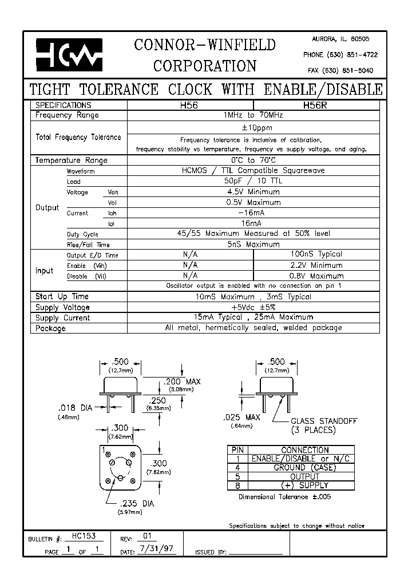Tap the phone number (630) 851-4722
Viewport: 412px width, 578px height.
click(340, 54)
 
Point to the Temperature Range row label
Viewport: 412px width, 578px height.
click(71, 160)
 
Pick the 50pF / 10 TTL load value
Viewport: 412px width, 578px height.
click(253, 181)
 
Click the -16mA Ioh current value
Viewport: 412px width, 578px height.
click(253, 212)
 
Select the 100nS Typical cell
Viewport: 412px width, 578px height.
click(316, 254)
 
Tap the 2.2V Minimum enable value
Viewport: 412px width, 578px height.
click(316, 265)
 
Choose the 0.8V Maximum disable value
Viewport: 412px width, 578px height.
click(316, 276)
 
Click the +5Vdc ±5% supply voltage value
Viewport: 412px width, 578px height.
click(253, 307)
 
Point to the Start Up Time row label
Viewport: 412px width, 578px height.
click(62, 297)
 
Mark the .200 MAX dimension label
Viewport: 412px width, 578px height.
click(183, 382)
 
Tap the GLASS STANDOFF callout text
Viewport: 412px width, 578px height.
click(324, 421)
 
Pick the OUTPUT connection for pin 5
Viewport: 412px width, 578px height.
click(304, 476)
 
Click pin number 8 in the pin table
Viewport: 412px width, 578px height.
click(236, 485)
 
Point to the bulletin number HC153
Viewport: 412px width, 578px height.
click(84, 537)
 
